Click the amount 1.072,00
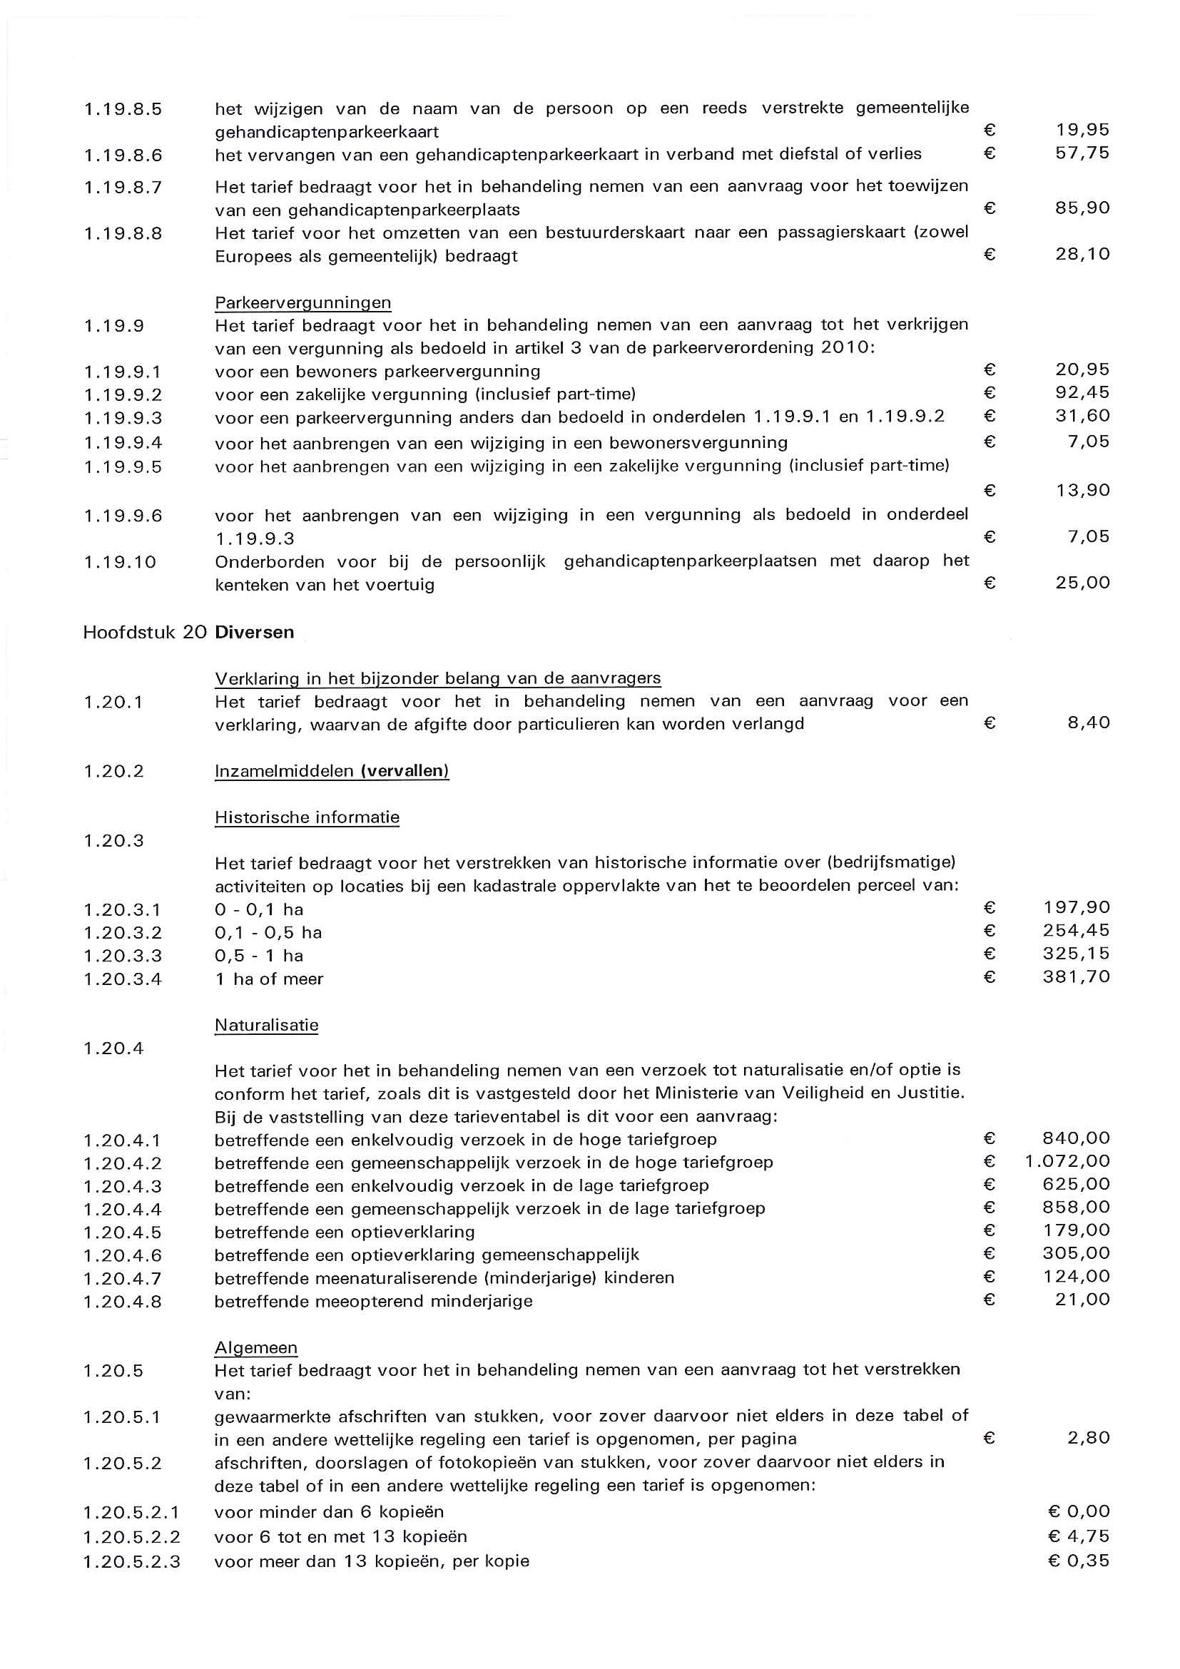(x=1067, y=1162)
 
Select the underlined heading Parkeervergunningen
(x=302, y=302)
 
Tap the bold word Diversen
(x=255, y=633)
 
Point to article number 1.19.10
(x=120, y=562)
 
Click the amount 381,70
(x=1076, y=977)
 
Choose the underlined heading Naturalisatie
(x=266, y=1026)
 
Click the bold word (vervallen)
(x=405, y=771)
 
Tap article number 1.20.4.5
(x=122, y=1232)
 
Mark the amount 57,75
(x=1082, y=153)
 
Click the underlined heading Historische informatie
(x=307, y=817)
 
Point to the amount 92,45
(x=1082, y=392)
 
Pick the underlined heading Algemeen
(x=256, y=1348)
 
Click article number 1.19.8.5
(x=123, y=110)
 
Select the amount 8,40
(x=1089, y=723)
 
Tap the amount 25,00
(x=1082, y=582)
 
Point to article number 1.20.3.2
(x=122, y=933)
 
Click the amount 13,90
(x=1082, y=491)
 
